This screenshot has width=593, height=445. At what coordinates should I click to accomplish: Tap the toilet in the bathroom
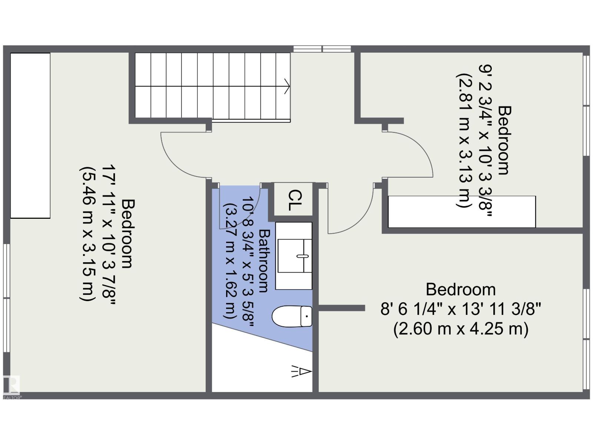coord(292,316)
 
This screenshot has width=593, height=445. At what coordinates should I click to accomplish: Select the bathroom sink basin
coord(295,256)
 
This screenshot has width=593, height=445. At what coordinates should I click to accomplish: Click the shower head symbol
coord(301,372)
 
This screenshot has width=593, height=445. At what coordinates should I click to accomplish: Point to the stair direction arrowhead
coord(288,86)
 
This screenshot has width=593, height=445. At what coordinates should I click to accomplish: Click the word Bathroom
coord(264,261)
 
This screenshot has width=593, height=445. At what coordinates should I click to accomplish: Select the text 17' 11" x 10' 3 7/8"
coord(109,235)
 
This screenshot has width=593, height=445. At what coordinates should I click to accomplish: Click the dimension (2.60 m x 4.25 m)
coord(461,330)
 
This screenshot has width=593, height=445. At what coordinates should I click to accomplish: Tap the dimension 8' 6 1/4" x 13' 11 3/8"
coord(461,309)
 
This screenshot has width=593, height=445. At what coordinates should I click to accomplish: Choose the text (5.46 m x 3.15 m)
coord(87,234)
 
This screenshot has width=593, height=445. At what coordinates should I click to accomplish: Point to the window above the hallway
coord(322,49)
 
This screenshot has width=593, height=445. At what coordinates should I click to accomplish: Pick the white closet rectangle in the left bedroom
coord(30,136)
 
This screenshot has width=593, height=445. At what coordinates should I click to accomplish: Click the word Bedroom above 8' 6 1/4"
coord(461,290)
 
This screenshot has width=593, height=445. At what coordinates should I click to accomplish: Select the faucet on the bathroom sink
coord(302,256)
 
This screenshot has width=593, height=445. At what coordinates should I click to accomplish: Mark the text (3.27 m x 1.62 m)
coord(229,261)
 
